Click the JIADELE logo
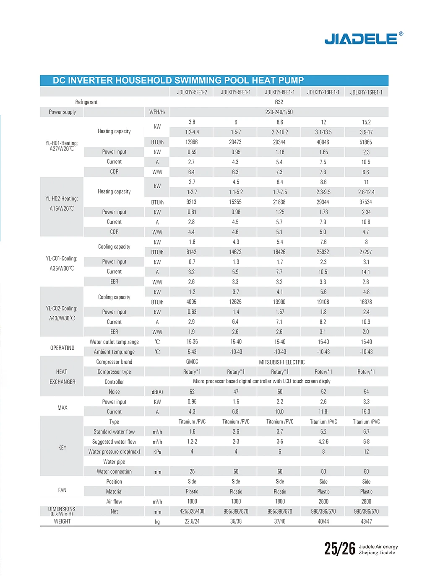[x=364, y=38]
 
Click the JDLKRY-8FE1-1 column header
[x=280, y=92]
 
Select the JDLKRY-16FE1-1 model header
[x=366, y=92]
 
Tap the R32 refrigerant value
[x=279, y=102]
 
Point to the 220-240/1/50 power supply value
[x=279, y=112]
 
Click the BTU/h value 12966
[x=192, y=142]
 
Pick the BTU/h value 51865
[x=366, y=142]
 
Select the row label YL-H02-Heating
[x=62, y=199]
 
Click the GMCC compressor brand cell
[x=192, y=362]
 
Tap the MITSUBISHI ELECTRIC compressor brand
[x=281, y=362]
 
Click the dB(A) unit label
[x=157, y=392]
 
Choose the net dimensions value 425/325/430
[x=192, y=511]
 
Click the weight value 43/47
[x=366, y=521]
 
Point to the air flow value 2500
[x=323, y=501]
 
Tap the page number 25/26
[x=340, y=548]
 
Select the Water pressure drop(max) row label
[x=114, y=452]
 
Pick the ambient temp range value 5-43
[x=192, y=352]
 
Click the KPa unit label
[x=157, y=452]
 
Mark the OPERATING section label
[x=63, y=348]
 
